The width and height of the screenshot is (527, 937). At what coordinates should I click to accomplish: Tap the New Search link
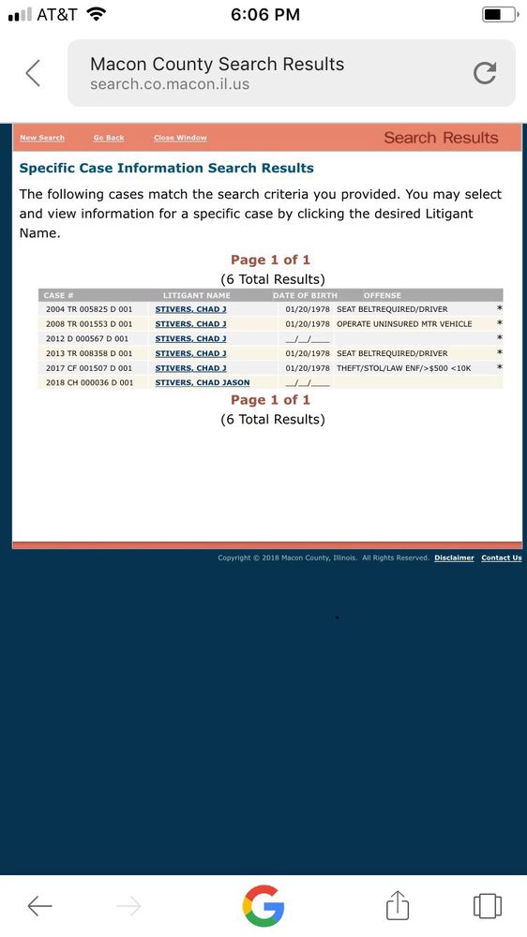pos(42,138)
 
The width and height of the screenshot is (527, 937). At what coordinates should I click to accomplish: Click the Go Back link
pos(109,138)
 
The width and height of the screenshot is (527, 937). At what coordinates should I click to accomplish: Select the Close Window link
pos(180,138)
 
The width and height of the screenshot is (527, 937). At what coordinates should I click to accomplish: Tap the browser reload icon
pos(485,73)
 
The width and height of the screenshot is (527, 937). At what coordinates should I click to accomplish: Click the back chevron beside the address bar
pos(33,73)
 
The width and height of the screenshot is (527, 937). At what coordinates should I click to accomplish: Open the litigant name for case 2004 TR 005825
pos(190,309)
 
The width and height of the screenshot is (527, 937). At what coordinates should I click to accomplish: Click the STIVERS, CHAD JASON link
pos(202,382)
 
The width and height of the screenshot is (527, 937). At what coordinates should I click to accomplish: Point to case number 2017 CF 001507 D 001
pos(89,368)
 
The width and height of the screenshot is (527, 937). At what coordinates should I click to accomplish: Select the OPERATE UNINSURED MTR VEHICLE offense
pos(404,324)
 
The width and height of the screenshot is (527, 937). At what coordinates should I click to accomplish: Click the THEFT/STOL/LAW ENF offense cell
pos(403,368)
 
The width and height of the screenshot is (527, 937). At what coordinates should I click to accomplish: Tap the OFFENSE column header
pos(382,295)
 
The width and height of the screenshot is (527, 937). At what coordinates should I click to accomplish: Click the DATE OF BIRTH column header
pos(305,295)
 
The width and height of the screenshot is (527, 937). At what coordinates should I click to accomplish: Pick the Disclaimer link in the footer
pos(454,558)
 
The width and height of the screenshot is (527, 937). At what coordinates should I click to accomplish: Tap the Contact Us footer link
pos(502,558)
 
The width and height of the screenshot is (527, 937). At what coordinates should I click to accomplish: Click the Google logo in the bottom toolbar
pos(263,905)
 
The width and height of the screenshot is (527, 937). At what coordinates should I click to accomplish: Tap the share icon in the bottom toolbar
pos(398,905)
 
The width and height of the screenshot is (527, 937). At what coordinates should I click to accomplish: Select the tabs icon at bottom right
pos(488,905)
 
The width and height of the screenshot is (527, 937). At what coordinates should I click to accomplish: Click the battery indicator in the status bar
pos(498,14)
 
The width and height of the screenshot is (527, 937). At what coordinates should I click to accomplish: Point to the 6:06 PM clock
pos(264,14)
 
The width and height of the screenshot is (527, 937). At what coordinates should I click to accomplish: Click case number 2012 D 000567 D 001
pos(89,338)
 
